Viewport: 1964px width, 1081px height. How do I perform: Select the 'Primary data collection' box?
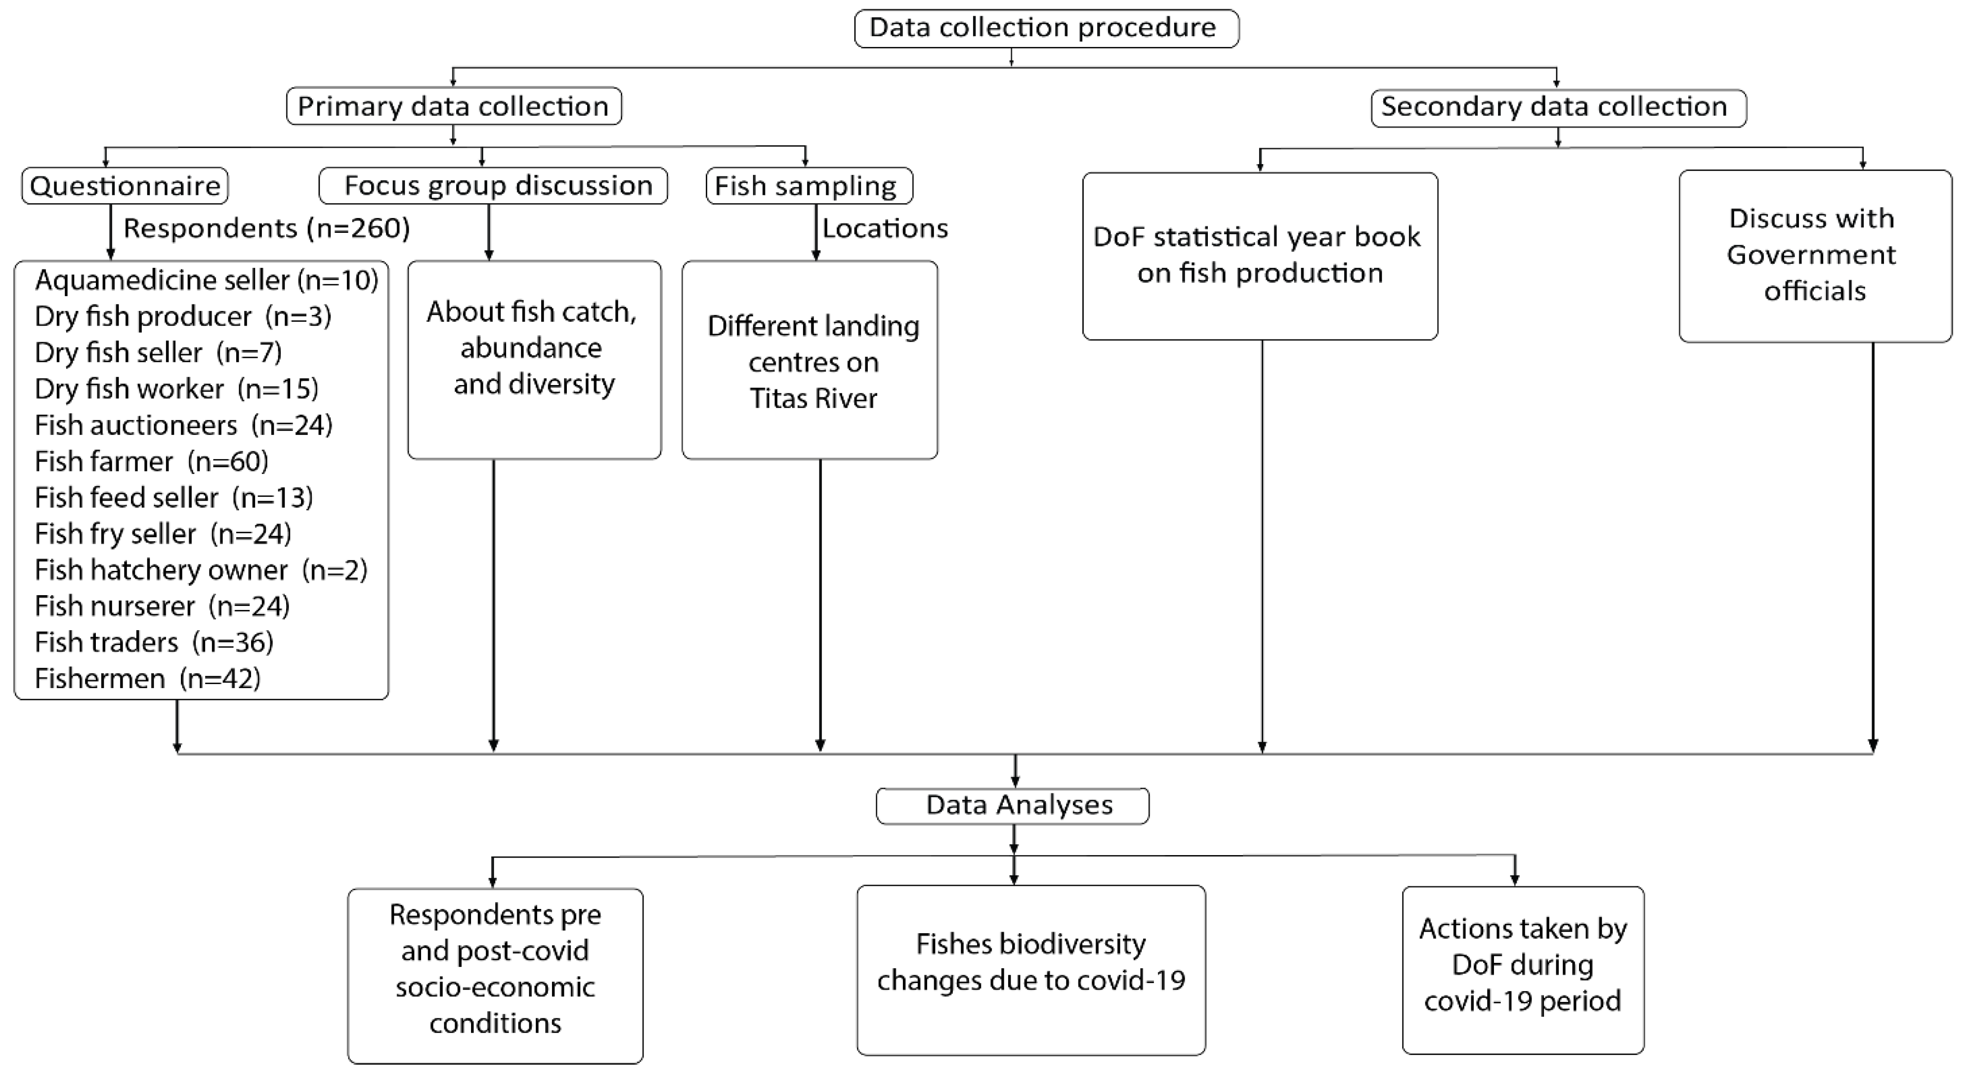click(x=454, y=106)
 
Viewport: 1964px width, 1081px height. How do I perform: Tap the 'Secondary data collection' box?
click(x=1558, y=107)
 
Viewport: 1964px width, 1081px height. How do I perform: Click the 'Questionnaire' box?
click(x=125, y=186)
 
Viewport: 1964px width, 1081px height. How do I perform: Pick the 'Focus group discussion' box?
click(x=493, y=186)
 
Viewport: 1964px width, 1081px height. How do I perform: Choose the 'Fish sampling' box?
click(x=809, y=186)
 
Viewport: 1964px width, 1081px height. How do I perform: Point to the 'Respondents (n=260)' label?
click(x=266, y=228)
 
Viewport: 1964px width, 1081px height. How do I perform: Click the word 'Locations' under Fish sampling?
click(x=885, y=228)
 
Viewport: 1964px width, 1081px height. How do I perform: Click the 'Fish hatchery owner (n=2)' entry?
click(x=201, y=569)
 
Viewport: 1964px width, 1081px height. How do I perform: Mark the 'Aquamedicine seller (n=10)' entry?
click(x=206, y=280)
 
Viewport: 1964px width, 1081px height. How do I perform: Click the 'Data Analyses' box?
click(x=1013, y=806)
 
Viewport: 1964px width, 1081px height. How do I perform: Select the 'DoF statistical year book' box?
click(x=1260, y=256)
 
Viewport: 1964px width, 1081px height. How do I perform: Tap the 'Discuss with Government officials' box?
click(x=1815, y=256)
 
